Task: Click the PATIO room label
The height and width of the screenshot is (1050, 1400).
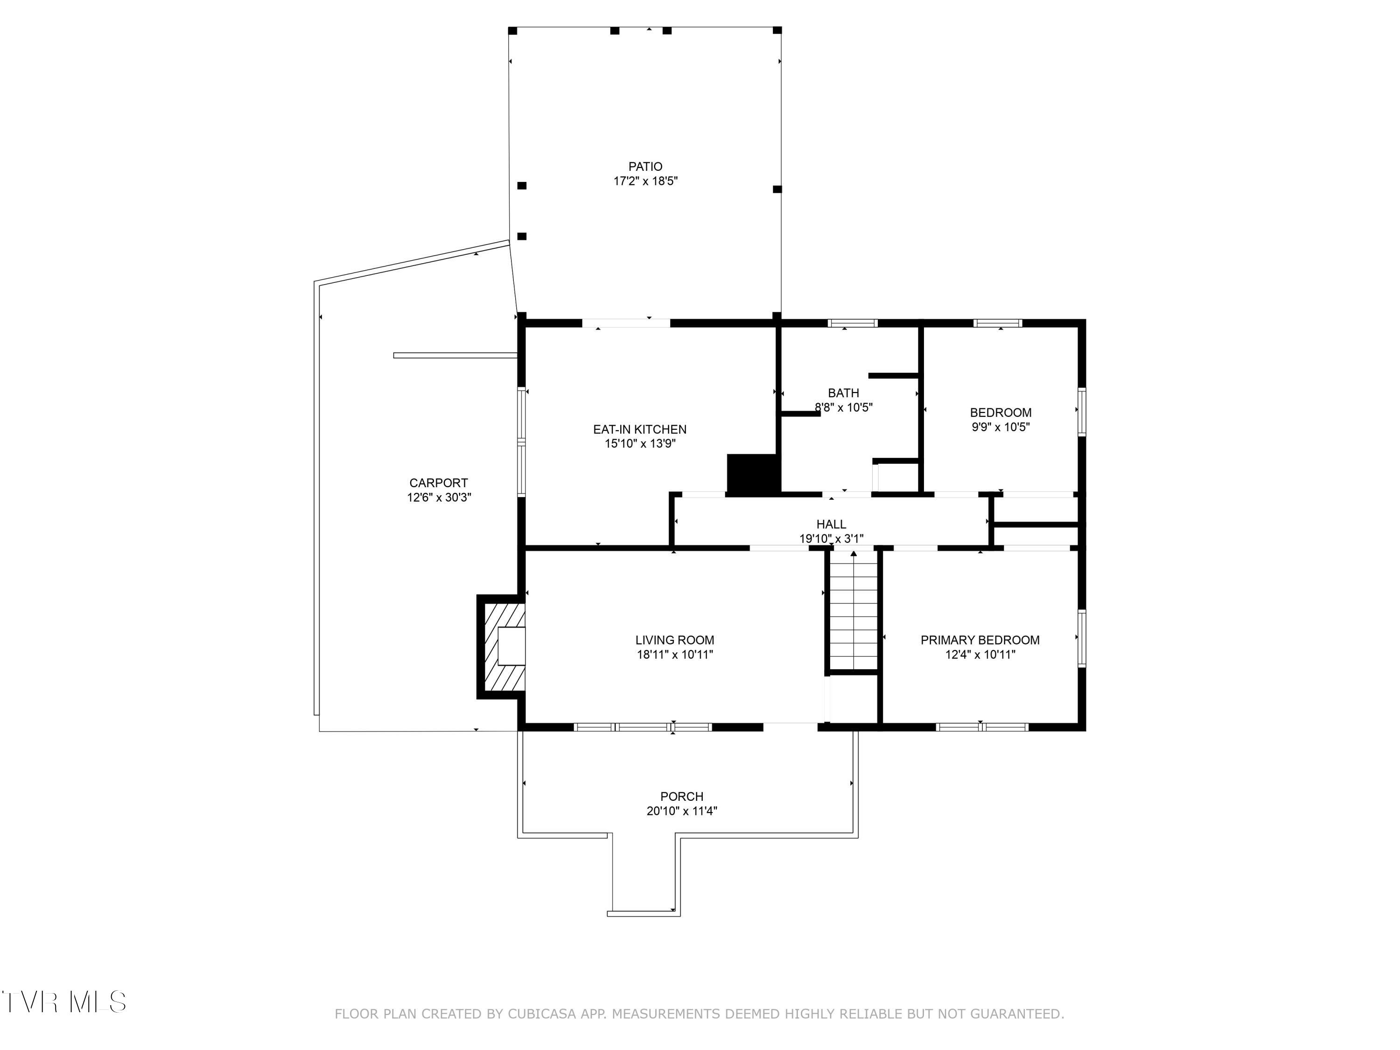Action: point(645,167)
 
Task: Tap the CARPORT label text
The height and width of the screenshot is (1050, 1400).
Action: point(439,483)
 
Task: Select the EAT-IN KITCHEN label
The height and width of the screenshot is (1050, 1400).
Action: point(639,429)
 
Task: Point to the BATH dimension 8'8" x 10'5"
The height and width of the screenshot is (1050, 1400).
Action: point(844,407)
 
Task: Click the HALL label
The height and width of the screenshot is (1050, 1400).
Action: point(831,524)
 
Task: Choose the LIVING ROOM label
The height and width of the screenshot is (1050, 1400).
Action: point(675,640)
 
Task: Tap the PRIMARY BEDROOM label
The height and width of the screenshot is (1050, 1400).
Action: point(980,640)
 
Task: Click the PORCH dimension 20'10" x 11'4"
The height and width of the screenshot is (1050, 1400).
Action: point(682,811)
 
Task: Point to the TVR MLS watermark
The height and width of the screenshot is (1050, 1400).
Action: point(64,1002)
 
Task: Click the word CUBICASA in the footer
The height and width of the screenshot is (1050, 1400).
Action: point(542,1014)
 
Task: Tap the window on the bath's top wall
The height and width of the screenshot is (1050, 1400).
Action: point(853,323)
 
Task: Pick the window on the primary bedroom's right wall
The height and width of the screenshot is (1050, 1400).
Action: point(1082,638)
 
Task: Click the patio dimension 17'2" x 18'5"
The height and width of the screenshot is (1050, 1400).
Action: point(645,181)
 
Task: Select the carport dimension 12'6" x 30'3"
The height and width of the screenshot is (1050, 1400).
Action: point(439,497)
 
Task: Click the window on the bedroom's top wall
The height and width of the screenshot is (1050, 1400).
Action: point(997,323)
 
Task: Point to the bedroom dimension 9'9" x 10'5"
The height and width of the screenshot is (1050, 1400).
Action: point(1001,427)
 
